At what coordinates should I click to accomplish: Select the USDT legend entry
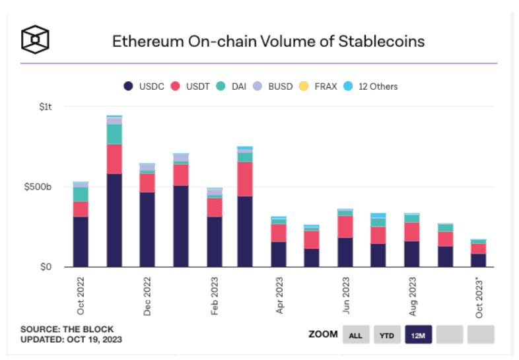pyautogui.click(x=192, y=86)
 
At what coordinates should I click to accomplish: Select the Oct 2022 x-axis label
pyautogui.click(x=81, y=295)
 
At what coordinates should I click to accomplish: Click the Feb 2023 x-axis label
pyautogui.click(x=214, y=295)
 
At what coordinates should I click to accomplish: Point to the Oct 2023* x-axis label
pyautogui.click(x=480, y=297)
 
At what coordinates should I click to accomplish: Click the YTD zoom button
pyautogui.click(x=387, y=335)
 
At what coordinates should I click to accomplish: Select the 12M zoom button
pyautogui.click(x=418, y=335)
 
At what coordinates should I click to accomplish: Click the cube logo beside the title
pyautogui.click(x=35, y=40)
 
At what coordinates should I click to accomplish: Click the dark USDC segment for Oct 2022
pyautogui.click(x=81, y=241)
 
